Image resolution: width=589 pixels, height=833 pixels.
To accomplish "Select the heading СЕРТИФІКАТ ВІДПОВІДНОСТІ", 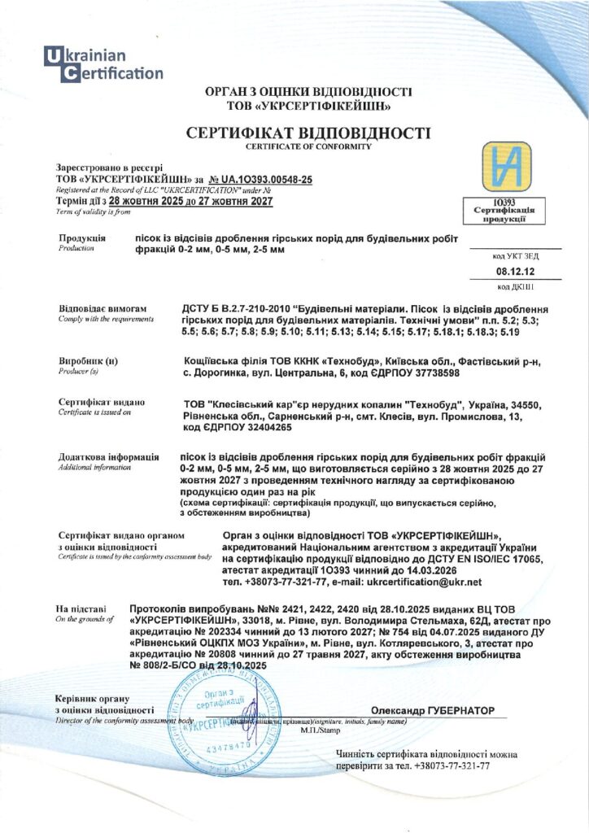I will (x=308, y=133).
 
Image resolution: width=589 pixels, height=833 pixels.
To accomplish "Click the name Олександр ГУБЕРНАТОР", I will (x=432, y=710).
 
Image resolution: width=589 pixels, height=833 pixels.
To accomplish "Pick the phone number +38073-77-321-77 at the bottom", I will (x=452, y=765).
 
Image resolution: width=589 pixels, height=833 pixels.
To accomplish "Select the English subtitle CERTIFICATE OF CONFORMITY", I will (x=308, y=146).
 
